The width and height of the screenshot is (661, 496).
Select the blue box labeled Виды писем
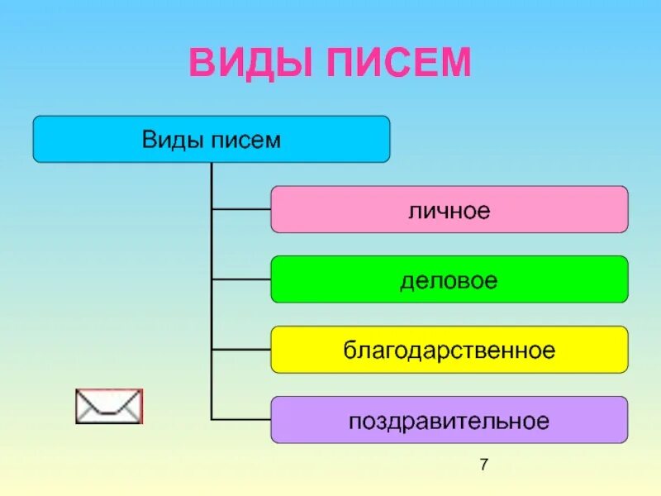point(83,139)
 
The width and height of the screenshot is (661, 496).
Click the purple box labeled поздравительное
point(306,421)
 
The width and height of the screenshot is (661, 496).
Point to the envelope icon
point(108,406)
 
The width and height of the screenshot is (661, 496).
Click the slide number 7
point(484,465)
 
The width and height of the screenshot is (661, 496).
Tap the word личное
point(449,210)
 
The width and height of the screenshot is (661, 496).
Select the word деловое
point(449,280)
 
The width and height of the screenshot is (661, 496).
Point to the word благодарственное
point(449,351)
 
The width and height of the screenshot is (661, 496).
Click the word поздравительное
point(449,421)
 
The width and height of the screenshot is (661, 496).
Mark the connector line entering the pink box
point(241,210)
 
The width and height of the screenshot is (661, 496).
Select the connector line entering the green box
point(241,280)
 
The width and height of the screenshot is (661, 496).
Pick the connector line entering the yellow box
point(241,351)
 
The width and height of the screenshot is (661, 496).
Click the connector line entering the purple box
point(241,421)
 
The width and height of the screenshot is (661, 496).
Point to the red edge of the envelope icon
point(141,406)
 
